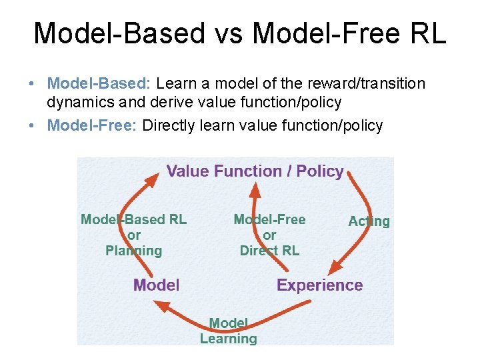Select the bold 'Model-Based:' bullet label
pyautogui.click(x=99, y=84)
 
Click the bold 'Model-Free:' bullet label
pyautogui.click(x=92, y=125)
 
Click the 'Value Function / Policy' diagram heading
pyautogui.click(x=255, y=171)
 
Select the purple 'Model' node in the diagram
pyautogui.click(x=156, y=285)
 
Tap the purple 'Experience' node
pyautogui.click(x=319, y=285)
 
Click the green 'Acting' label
pyautogui.click(x=369, y=221)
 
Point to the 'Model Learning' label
pyautogui.click(x=228, y=331)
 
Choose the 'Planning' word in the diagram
pyautogui.click(x=133, y=251)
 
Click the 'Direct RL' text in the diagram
pyautogui.click(x=269, y=251)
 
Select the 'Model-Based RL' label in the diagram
pyautogui.click(x=133, y=219)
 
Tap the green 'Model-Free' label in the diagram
pyautogui.click(x=269, y=219)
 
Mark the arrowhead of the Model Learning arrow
pyautogui.click(x=159, y=304)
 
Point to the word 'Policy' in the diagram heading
pyautogui.click(x=320, y=171)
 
